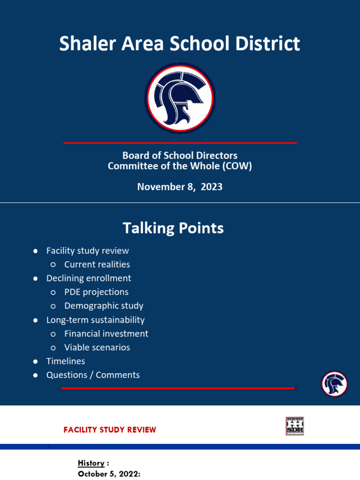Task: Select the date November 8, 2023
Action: [x=180, y=187]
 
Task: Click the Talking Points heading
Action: [x=173, y=228]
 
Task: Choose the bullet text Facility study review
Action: [x=87, y=251]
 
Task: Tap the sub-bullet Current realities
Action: [x=97, y=264]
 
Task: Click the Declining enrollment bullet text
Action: [x=89, y=278]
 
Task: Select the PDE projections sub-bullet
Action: [x=96, y=292]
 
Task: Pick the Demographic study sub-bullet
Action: [x=104, y=306]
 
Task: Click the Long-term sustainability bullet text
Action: [x=95, y=320]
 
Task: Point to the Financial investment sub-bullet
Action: [x=106, y=334]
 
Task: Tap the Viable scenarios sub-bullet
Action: [x=97, y=347]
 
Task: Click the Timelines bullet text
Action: [x=66, y=361]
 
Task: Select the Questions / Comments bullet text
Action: [x=93, y=375]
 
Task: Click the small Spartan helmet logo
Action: [x=334, y=384]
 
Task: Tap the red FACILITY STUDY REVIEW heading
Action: [x=110, y=430]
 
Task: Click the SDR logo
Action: [x=295, y=426]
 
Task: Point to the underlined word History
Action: [x=91, y=463]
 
